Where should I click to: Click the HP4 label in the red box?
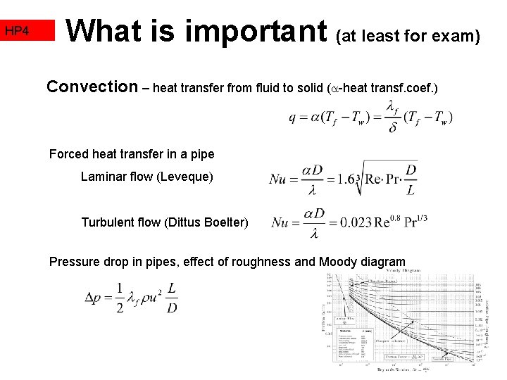[16, 31]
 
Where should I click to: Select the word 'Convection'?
[92, 87]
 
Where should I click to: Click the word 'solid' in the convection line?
[307, 89]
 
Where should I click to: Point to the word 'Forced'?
[68, 154]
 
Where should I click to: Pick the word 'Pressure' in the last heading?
[74, 262]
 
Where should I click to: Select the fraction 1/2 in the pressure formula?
[120, 298]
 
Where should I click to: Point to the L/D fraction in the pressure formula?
[172, 298]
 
